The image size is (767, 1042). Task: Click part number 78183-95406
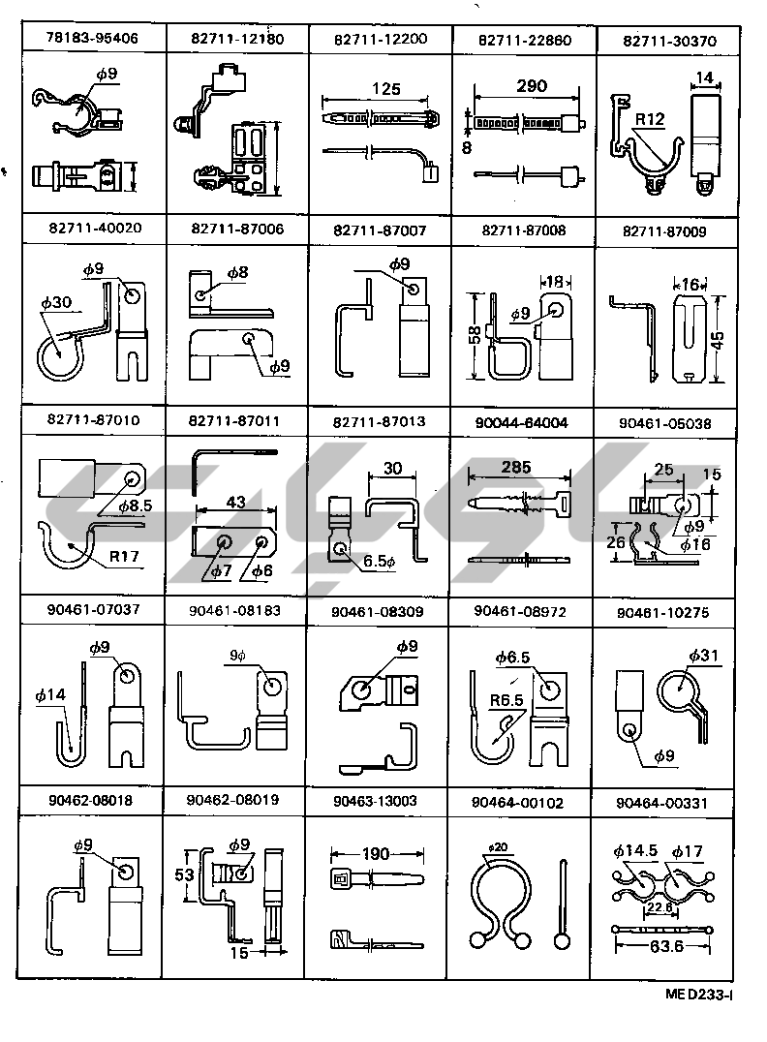click(93, 39)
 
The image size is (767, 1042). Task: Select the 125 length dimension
click(385, 89)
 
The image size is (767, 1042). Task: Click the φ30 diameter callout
click(54, 302)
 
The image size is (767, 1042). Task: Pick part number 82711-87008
click(523, 230)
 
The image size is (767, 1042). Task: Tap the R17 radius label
click(123, 557)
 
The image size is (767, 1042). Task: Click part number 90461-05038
click(667, 422)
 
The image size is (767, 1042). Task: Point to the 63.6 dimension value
click(664, 945)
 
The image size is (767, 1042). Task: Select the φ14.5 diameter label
click(635, 851)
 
